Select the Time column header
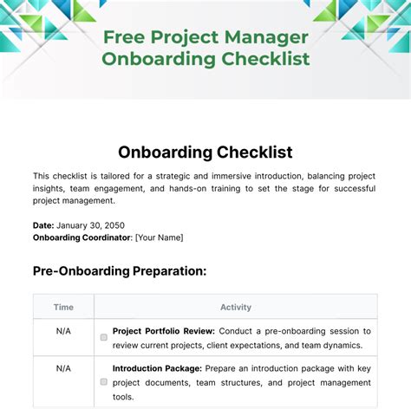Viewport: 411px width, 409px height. [63, 307]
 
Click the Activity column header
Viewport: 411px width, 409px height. [235, 307]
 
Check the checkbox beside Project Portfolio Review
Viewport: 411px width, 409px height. [104, 337]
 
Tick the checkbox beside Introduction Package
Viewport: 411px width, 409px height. [104, 381]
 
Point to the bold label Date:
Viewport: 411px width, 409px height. [44, 224]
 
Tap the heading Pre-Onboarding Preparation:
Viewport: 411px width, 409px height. [120, 270]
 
